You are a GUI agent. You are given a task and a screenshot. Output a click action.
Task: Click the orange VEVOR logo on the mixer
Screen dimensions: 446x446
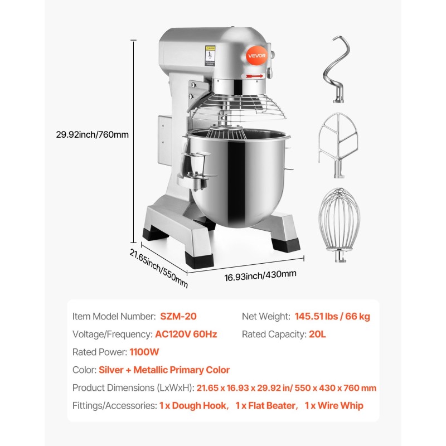pyautogui.click(x=256, y=55)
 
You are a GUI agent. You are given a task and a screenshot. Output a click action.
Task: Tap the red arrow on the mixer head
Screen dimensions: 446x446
pyautogui.click(x=254, y=76)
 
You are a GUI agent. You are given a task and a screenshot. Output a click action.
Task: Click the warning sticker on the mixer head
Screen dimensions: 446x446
pyautogui.click(x=210, y=56)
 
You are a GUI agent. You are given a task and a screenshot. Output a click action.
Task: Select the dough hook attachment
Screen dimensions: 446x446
pyautogui.click(x=337, y=69)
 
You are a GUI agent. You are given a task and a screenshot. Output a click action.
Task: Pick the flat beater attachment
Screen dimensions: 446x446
pyautogui.click(x=338, y=145)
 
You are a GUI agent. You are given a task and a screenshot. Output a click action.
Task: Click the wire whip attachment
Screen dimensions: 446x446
pyautogui.click(x=340, y=225)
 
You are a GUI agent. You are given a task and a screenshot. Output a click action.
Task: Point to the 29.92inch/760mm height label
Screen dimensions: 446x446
pyautogui.click(x=92, y=134)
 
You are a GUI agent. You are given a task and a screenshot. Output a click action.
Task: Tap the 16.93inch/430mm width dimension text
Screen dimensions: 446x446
pyautogui.click(x=260, y=275)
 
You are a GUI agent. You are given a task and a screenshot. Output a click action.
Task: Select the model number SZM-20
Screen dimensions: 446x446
pyautogui.click(x=178, y=316)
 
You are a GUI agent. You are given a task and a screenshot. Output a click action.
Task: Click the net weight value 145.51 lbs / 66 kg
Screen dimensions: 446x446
pyautogui.click(x=332, y=316)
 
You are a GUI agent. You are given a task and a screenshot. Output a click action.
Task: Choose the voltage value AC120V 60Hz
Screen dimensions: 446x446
pyautogui.click(x=186, y=334)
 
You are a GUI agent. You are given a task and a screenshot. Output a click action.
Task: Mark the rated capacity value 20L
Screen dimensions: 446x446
pyautogui.click(x=317, y=334)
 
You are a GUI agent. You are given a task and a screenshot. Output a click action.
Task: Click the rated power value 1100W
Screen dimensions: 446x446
pyautogui.click(x=144, y=352)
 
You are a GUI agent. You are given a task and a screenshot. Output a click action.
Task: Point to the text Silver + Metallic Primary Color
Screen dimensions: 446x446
pyautogui.click(x=164, y=370)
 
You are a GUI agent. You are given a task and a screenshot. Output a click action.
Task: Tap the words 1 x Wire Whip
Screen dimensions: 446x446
pyautogui.click(x=334, y=405)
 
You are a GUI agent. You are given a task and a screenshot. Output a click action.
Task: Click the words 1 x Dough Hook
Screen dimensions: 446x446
pyautogui.click(x=193, y=405)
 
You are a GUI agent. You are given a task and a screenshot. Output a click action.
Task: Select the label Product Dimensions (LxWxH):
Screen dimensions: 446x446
pyautogui.click(x=133, y=387)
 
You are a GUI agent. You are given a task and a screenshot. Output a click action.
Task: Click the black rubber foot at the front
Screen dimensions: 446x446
pyautogui.click(x=199, y=259)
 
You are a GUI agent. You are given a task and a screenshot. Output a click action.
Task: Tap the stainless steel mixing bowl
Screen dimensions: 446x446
pyautogui.click(x=237, y=176)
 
